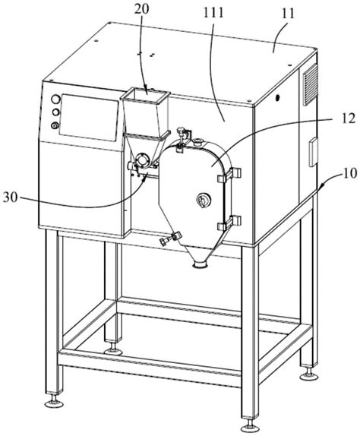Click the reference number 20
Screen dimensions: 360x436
coord(141,9)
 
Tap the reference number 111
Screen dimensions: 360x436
coord(213,13)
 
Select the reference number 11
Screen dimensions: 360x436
coord(288,14)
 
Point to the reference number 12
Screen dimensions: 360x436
coord(349,119)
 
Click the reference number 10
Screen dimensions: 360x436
coord(349,173)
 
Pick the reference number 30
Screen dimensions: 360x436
coord(11,197)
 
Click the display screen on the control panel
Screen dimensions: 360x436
coord(89,117)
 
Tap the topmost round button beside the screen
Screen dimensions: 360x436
coord(55,100)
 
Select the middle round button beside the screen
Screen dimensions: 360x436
coord(56,112)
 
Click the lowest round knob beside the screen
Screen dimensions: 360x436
coord(55,125)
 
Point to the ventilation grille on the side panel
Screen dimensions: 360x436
coord(310,84)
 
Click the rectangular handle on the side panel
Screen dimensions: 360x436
coord(314,152)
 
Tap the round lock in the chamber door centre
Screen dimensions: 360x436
coord(204,200)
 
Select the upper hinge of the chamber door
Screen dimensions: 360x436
coord(229,175)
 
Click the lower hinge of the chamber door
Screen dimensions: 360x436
coord(229,223)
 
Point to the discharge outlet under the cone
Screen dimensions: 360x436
coord(201,264)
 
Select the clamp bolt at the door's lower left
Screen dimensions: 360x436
coord(170,239)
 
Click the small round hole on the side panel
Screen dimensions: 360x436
coord(277,97)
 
